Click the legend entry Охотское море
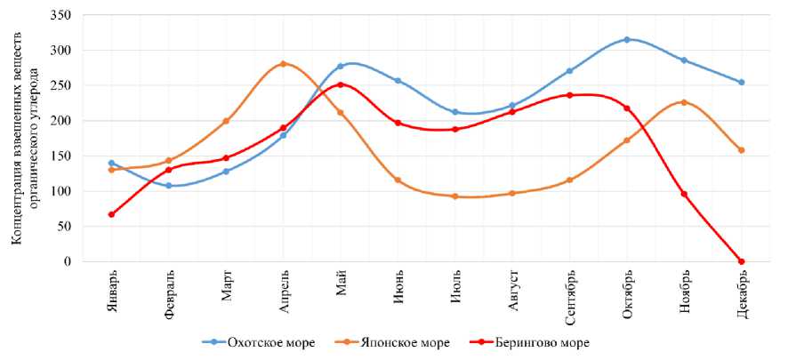pyautogui.click(x=270, y=342)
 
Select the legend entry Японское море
pyautogui.click(x=399, y=342)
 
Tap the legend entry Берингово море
pyautogui.click(x=532, y=342)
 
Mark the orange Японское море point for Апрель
pyautogui.click(x=283, y=64)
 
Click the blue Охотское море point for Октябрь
pyautogui.click(x=627, y=39)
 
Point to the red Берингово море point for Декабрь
pyautogui.click(x=742, y=261)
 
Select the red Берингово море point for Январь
pyautogui.click(x=111, y=214)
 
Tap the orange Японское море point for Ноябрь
pyautogui.click(x=684, y=102)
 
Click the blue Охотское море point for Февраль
pyautogui.click(x=168, y=186)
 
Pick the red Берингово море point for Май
pyautogui.click(x=341, y=84)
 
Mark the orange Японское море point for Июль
pyautogui.click(x=455, y=196)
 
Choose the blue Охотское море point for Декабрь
pyautogui.click(x=742, y=83)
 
